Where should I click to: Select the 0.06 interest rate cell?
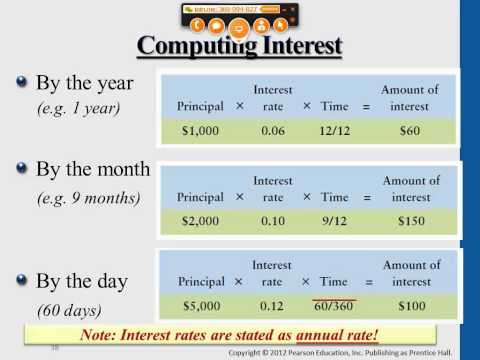click(x=273, y=129)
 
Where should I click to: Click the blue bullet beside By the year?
click(x=20, y=83)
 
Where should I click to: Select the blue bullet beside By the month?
click(x=20, y=169)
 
